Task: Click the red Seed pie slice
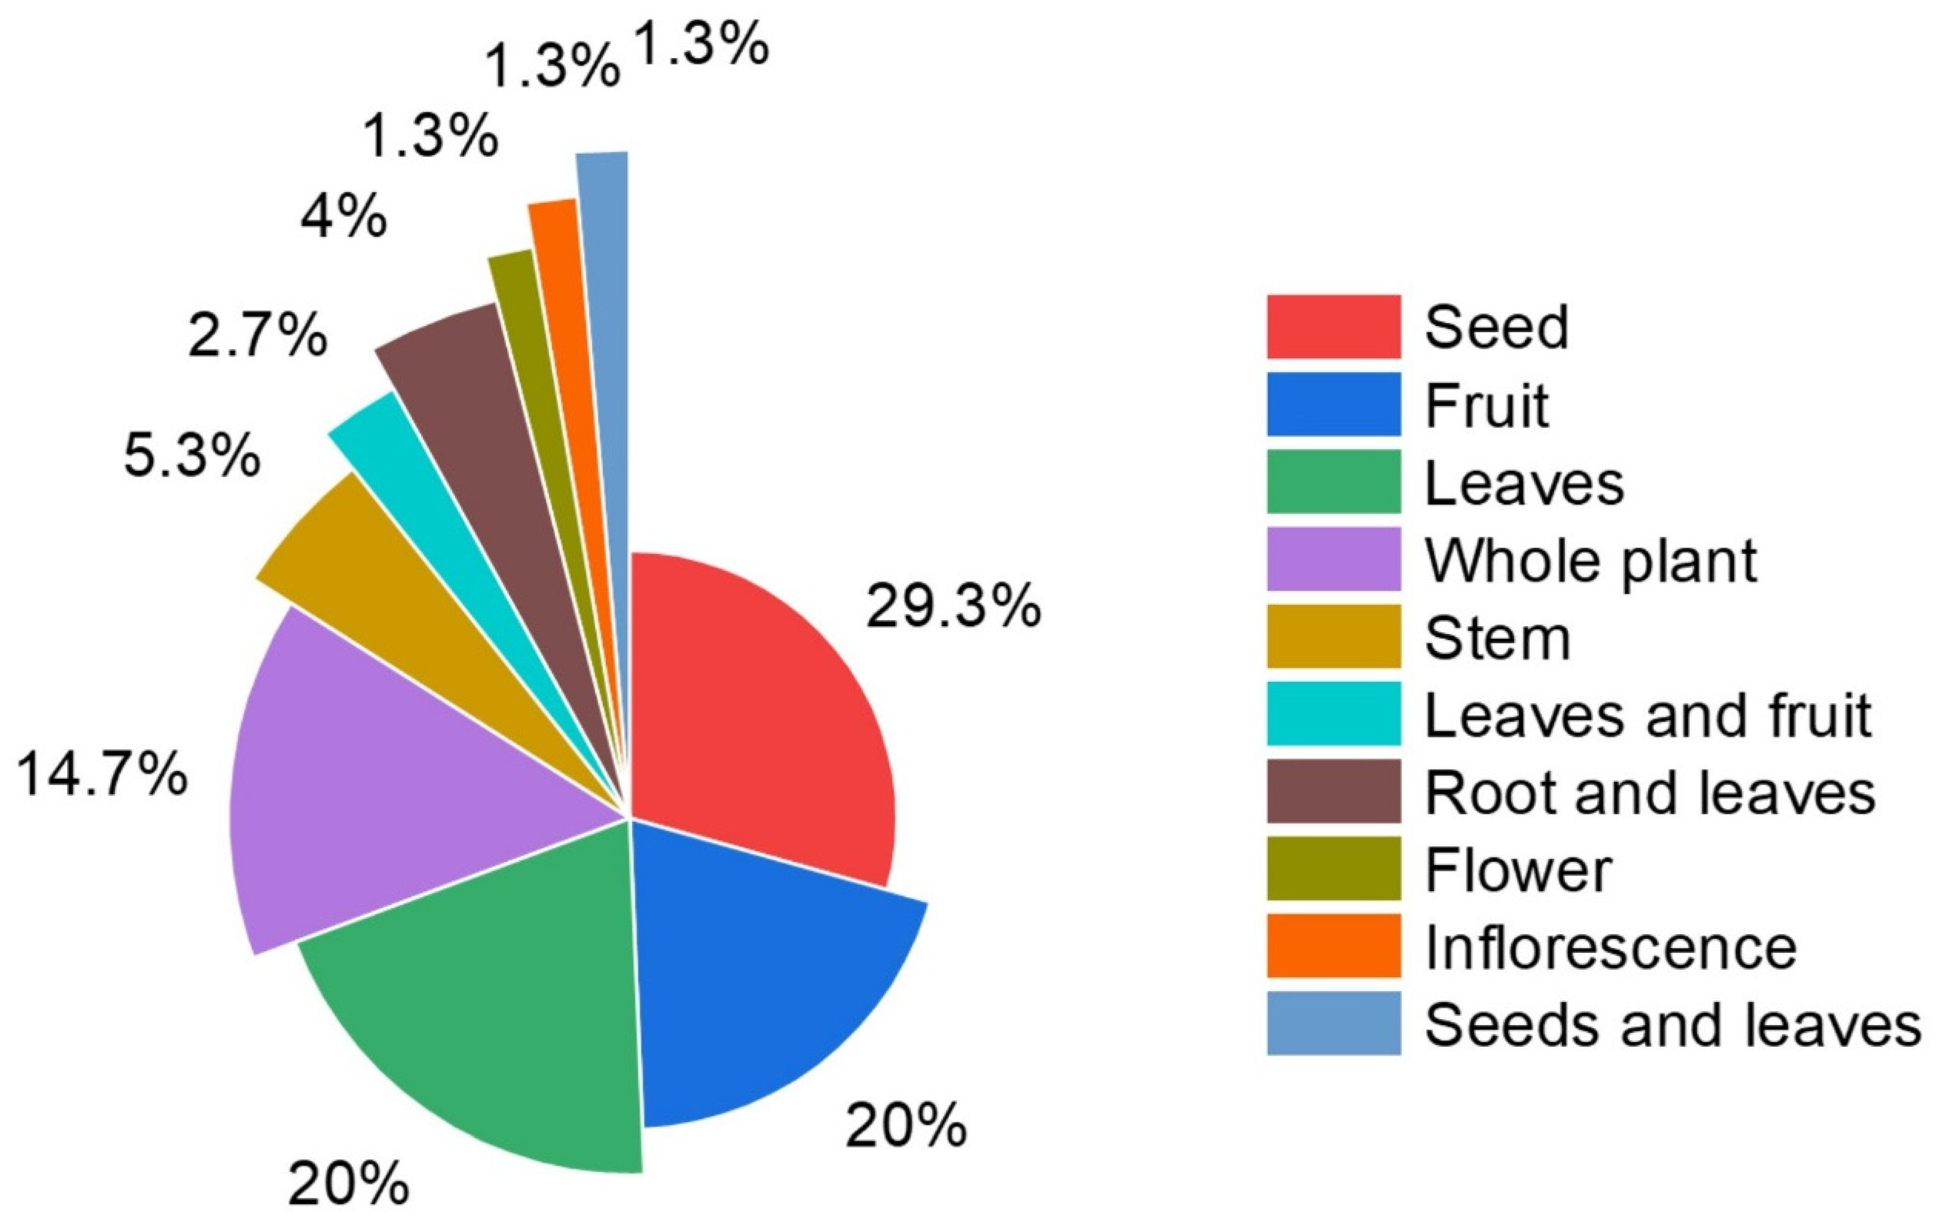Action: (757, 709)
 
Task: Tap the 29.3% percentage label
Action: (953, 606)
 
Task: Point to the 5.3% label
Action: (192, 456)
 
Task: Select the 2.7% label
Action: (258, 335)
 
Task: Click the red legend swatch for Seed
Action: (1333, 327)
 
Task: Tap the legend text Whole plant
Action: (1591, 561)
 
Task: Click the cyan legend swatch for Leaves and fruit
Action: (1333, 713)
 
